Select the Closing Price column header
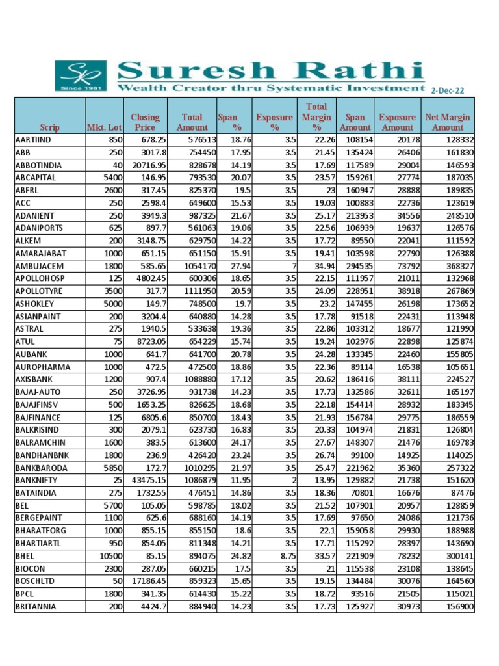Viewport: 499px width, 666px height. point(145,122)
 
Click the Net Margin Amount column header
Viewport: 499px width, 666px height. point(448,122)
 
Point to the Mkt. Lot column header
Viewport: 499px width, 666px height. point(105,127)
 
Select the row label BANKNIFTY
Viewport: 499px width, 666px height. point(37,480)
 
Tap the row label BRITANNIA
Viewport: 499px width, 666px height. point(36,606)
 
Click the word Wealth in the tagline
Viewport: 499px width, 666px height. point(135,87)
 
